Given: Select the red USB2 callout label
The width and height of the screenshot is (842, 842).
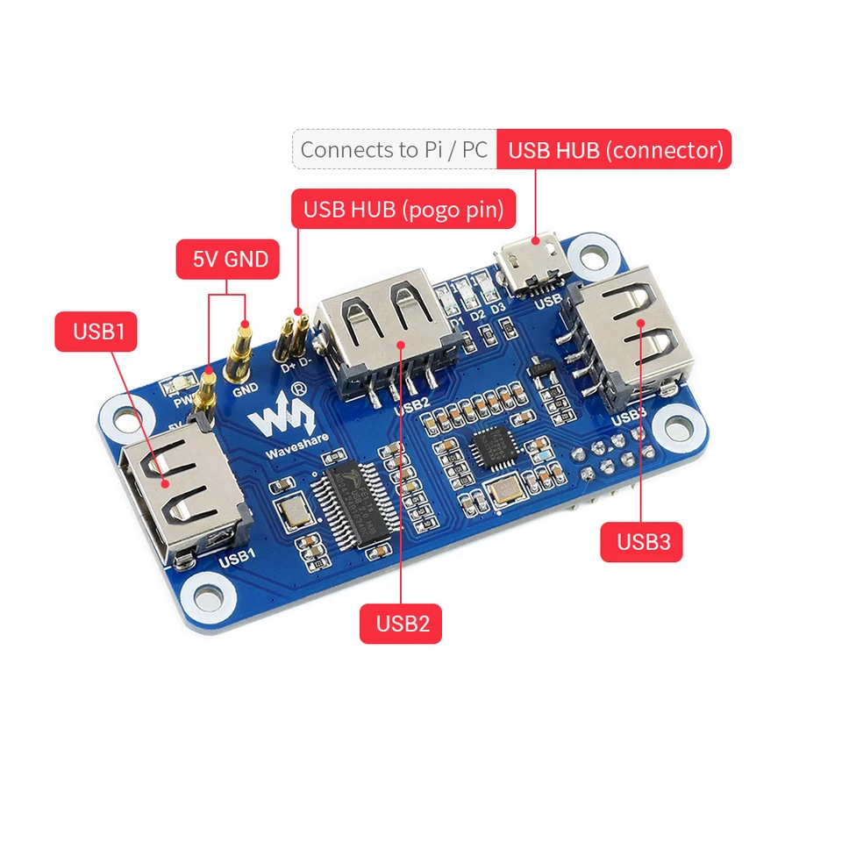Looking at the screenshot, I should (402, 624).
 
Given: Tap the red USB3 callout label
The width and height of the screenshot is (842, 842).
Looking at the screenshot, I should (642, 541).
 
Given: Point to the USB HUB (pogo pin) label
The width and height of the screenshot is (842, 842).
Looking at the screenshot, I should (403, 210).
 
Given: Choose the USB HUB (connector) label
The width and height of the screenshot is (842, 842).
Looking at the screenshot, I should (614, 149).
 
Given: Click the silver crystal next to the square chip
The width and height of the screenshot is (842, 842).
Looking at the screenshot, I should (506, 494).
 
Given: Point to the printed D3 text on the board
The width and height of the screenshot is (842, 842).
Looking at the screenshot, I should (497, 309).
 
